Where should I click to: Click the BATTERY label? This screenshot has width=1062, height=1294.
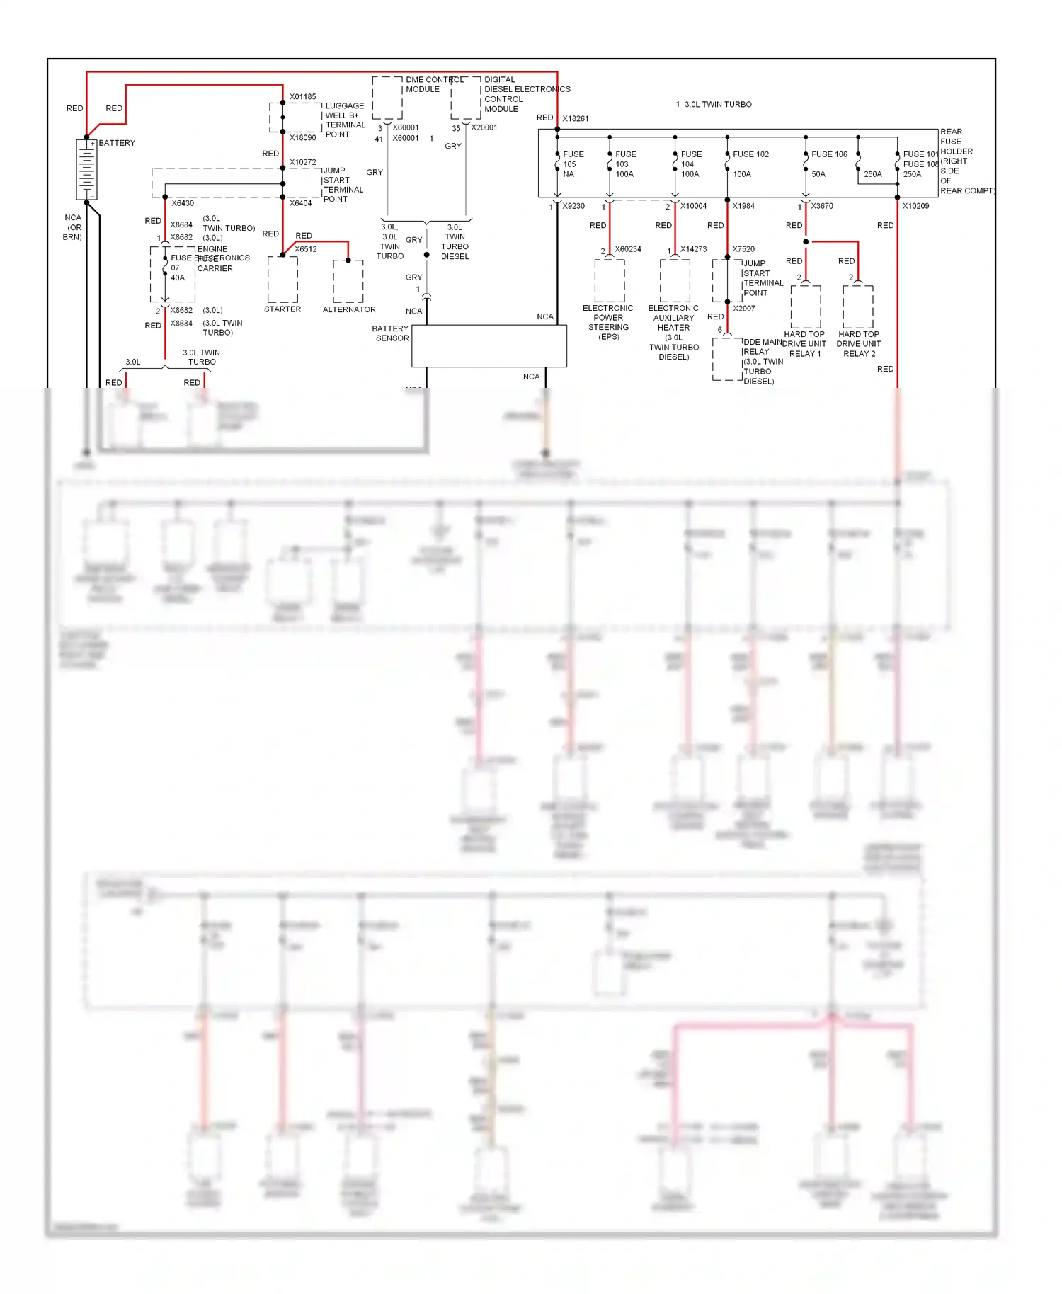click(117, 143)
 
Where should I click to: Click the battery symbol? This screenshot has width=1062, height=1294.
click(86, 169)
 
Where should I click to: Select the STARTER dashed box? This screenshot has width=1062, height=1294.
click(282, 280)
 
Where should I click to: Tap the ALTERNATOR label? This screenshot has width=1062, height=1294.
click(349, 309)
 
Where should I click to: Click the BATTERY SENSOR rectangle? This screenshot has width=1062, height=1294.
click(489, 346)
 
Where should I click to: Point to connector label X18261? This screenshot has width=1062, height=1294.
click(575, 118)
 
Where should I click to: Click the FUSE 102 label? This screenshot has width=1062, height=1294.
click(750, 154)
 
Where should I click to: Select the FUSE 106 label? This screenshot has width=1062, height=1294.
click(829, 154)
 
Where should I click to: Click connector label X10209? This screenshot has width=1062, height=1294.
click(915, 206)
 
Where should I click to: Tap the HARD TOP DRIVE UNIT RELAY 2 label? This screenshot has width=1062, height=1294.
click(858, 344)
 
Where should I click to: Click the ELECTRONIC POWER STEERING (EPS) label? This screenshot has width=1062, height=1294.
click(608, 322)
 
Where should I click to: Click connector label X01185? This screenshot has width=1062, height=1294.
click(302, 97)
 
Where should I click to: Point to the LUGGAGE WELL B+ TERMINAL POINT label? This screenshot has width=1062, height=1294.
click(345, 120)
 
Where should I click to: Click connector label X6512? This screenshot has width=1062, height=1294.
click(306, 249)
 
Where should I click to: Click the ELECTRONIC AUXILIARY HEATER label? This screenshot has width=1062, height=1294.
click(673, 318)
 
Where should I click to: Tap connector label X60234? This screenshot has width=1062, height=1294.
click(628, 249)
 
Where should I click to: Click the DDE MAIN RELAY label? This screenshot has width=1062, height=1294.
click(762, 347)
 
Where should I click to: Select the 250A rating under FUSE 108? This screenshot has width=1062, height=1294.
click(912, 174)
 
